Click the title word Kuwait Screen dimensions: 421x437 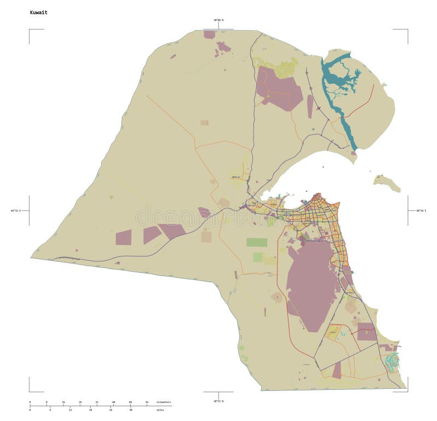pos(39,11)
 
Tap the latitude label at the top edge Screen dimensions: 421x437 pos(218,20)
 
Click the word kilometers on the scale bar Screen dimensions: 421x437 pos(164,402)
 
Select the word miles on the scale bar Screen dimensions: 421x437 pos(160,410)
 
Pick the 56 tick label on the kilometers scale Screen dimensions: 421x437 pos(146,402)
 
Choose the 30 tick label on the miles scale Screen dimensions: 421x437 pos(130,410)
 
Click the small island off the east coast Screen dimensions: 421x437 pos(387,183)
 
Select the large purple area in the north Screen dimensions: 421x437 pos(279,87)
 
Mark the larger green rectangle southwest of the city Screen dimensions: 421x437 pos(257,242)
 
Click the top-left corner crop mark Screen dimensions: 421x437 pos(30,30)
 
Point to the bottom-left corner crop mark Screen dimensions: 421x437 pos(30,390)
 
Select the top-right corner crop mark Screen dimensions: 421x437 pos(407,30)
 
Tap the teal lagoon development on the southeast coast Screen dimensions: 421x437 pos(392,360)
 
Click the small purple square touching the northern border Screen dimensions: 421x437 pos(209,34)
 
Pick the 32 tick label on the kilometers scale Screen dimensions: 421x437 pos(97,402)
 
